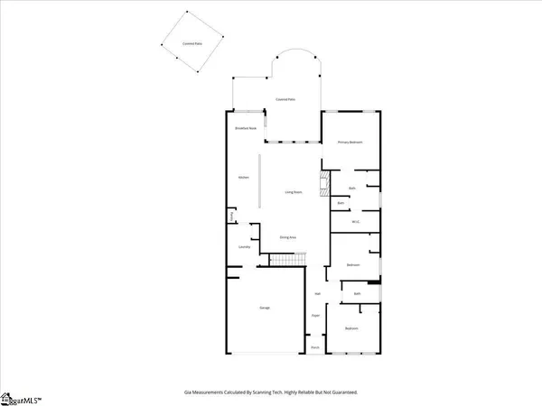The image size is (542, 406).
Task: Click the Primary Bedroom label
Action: click(x=350, y=143)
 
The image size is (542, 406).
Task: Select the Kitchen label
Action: click(x=243, y=178)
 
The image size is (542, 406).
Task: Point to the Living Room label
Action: click(x=294, y=192)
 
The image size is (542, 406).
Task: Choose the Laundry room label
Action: click(x=243, y=246)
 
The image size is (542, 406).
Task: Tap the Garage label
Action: click(x=265, y=309)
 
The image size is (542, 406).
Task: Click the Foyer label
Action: click(x=316, y=316)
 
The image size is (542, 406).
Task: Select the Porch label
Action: click(x=316, y=346)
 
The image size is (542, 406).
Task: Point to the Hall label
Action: click(x=317, y=294)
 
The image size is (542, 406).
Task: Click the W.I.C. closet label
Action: click(x=356, y=222)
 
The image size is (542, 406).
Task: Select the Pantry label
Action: click(x=233, y=215)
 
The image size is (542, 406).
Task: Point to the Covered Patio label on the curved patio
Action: click(x=285, y=99)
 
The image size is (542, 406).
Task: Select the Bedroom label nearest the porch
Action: click(x=352, y=328)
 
